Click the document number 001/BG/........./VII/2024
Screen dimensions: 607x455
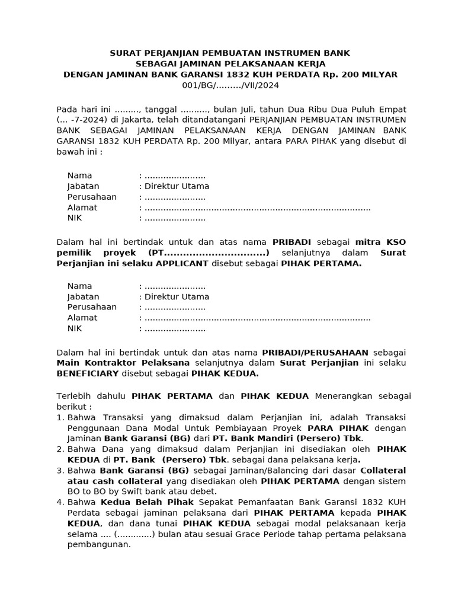click(230, 85)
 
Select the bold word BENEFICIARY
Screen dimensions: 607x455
click(88, 374)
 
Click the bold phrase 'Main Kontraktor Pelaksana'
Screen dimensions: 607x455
click(123, 363)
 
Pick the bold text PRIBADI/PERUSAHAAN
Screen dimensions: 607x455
click(315, 352)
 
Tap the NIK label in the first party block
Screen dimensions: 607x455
click(75, 218)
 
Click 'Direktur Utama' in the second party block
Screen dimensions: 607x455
click(177, 296)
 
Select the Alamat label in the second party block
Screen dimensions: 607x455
click(82, 318)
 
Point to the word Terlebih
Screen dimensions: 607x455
click(73, 396)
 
